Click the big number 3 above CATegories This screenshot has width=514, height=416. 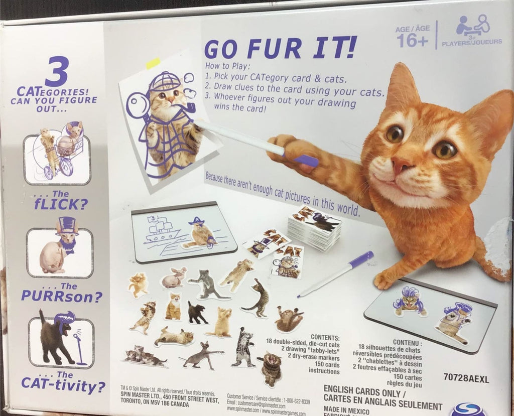point(56,72)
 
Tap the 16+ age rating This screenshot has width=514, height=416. point(412,41)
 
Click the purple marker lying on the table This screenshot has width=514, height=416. point(335,274)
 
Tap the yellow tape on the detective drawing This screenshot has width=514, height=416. point(153,63)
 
